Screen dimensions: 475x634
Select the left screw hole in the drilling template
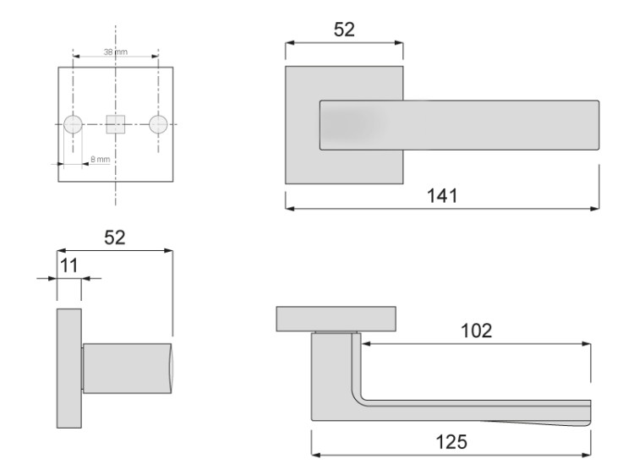click(74, 124)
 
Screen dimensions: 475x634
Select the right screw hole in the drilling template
click(157, 124)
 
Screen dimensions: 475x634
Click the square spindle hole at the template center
click(115, 124)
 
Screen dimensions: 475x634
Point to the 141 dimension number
click(441, 195)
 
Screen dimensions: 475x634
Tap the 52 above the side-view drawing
click(114, 237)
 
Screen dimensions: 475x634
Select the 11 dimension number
click(68, 265)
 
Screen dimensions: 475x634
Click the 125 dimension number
click(451, 441)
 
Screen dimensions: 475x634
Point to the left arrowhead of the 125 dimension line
click(316, 454)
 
